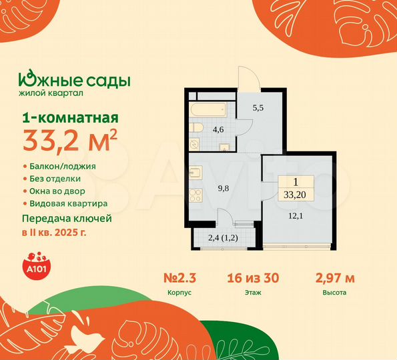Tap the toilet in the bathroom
pyautogui.click(x=193, y=127)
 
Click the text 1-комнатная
pyautogui.click(x=61, y=118)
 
